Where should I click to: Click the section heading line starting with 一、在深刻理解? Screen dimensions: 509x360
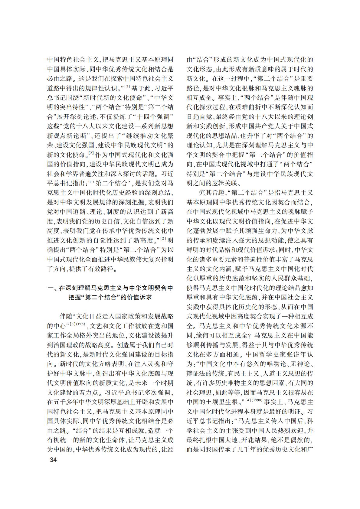[x=111, y=288]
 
